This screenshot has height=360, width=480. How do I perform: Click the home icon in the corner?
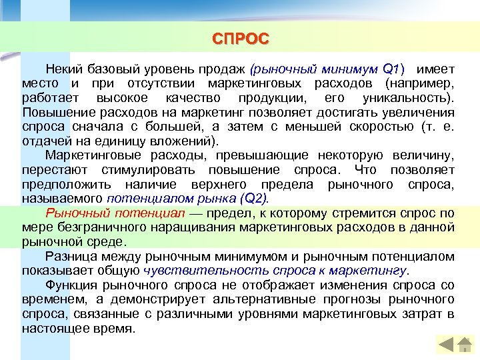tap(464, 345)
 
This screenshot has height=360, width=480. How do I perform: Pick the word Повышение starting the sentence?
tap(52, 113)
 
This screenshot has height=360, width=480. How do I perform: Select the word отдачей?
tap(44, 141)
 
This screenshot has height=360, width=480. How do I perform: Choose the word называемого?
tap(61, 199)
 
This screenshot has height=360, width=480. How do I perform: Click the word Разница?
tap(69, 257)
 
